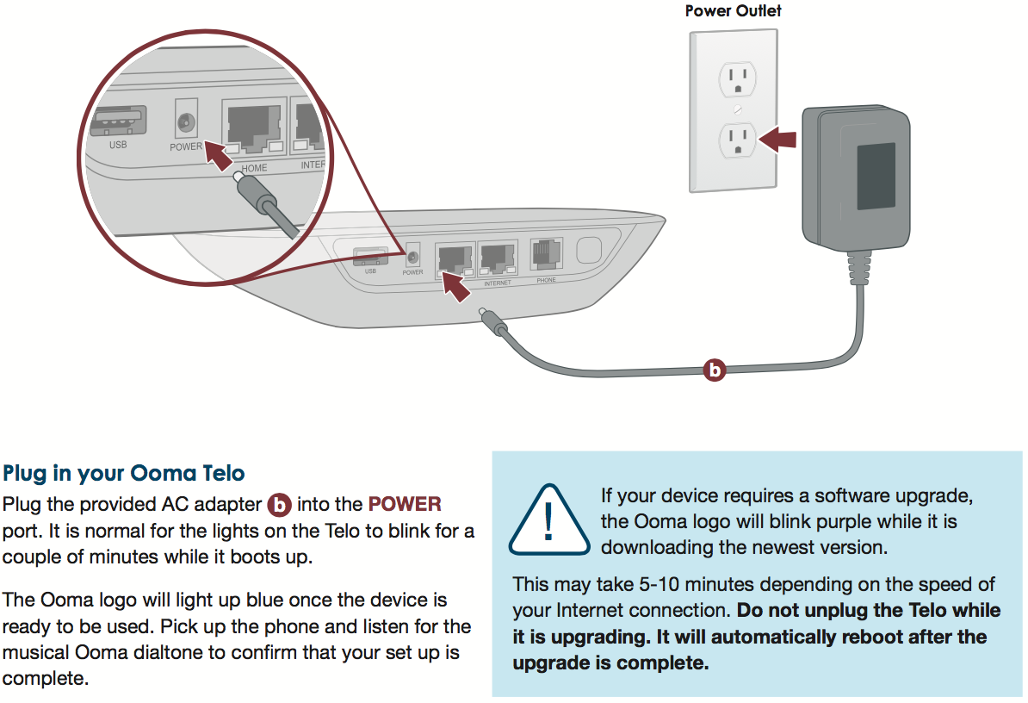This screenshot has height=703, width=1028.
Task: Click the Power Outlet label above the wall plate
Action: pos(733,11)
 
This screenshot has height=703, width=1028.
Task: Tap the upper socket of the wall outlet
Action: pos(736,79)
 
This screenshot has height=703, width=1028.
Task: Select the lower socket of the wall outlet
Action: pos(736,140)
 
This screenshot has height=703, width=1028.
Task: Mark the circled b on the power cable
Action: pos(714,370)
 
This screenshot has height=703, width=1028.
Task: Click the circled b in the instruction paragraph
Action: pos(280,505)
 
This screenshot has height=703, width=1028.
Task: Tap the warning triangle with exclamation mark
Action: pos(548,519)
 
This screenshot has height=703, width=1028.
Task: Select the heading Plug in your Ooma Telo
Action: pos(124,473)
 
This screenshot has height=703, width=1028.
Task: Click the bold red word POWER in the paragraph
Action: pos(405,505)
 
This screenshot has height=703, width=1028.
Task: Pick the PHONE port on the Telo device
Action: pos(546,253)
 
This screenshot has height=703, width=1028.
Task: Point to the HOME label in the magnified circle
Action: pos(254,168)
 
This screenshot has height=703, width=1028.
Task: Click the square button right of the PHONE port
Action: pos(588,251)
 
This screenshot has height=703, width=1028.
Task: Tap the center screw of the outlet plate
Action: pos(736,110)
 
